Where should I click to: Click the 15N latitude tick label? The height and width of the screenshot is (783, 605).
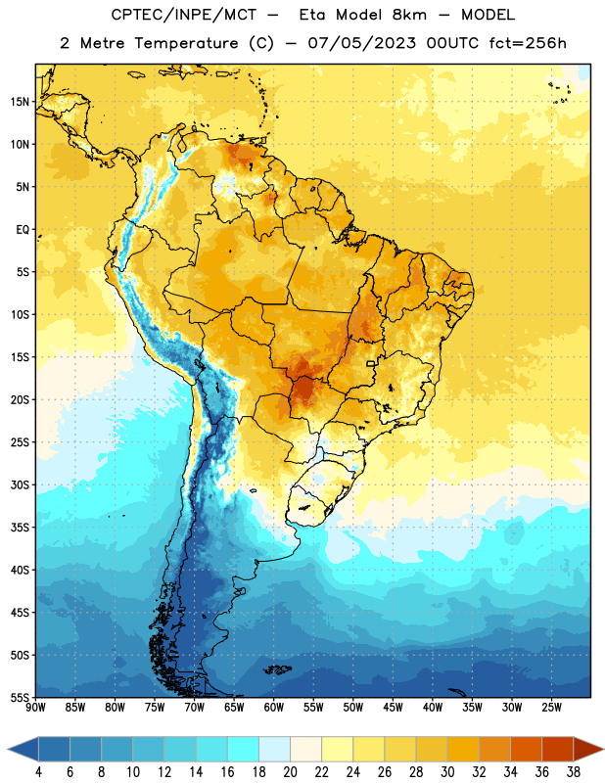click(x=20, y=102)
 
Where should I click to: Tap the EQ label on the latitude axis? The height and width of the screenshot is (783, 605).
click(x=23, y=230)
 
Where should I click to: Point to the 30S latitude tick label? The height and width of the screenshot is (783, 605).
click(x=20, y=484)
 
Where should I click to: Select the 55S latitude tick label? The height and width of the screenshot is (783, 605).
click(x=20, y=698)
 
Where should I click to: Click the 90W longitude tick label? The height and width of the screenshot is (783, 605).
click(x=35, y=708)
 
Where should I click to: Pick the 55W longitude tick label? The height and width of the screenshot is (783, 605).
click(x=313, y=708)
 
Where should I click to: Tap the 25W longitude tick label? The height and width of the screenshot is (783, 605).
click(x=551, y=708)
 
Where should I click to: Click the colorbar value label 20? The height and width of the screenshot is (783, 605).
click(x=290, y=772)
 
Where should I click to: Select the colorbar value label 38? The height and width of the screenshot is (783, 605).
click(x=573, y=772)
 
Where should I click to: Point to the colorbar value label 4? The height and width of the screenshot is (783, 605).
click(x=38, y=772)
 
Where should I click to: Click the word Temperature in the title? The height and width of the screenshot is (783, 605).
click(x=186, y=43)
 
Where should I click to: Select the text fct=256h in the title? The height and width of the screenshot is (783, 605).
click(x=528, y=43)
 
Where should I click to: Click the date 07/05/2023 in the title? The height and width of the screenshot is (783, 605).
click(x=361, y=43)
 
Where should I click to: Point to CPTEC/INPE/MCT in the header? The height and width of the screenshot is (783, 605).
click(x=183, y=15)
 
